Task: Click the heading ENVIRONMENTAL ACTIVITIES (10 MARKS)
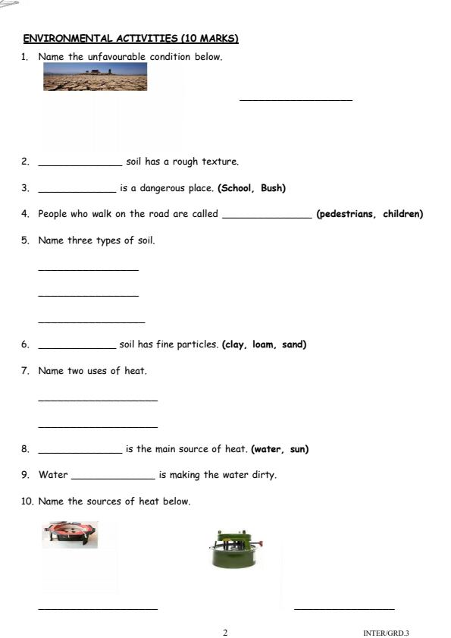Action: [130, 38]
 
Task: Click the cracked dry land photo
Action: [95, 77]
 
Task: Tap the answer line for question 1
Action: [296, 99]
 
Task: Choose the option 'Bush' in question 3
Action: [272, 188]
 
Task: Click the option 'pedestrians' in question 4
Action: [346, 214]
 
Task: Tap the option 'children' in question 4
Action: [402, 214]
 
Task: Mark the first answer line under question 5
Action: [88, 269]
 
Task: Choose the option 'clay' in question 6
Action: [234, 344]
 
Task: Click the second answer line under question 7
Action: [98, 426]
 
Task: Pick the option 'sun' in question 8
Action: [298, 449]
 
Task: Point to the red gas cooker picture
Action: [70, 534]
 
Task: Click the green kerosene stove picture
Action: [234, 550]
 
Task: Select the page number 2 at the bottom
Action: [225, 632]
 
